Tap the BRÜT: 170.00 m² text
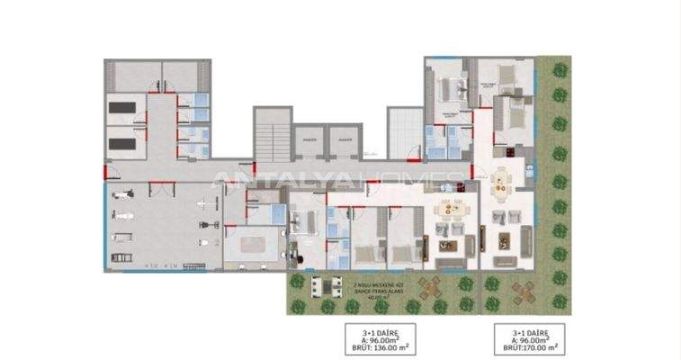(x=530, y=346)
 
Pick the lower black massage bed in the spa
(x=122, y=142)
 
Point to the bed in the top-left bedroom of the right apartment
(x=449, y=87)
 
